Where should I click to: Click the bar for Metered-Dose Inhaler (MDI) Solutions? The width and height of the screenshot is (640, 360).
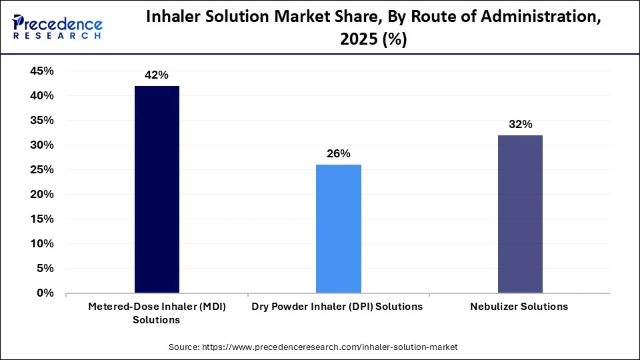pos(157,189)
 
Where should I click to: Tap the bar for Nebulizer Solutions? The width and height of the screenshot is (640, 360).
pos(520,214)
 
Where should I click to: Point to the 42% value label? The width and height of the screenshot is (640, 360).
pos(157,75)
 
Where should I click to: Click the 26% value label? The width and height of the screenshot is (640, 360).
pos(338,154)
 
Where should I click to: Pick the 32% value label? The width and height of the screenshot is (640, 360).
pos(520,125)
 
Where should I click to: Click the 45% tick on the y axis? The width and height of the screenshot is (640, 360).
pos(41,71)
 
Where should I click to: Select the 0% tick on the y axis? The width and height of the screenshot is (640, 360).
pos(44,293)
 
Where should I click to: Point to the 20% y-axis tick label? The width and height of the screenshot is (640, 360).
pos(41,194)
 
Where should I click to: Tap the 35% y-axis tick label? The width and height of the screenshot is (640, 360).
pos(41,121)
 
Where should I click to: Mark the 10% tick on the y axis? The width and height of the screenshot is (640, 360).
pos(41,243)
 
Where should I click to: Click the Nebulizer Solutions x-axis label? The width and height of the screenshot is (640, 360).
pos(520,307)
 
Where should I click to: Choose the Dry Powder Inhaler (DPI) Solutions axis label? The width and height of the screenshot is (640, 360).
pos(338,307)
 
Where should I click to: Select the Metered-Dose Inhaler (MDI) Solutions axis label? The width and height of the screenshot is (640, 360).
pos(157,313)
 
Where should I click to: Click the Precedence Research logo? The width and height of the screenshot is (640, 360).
pos(57,27)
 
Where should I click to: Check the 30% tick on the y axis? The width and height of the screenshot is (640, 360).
pos(41,145)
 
